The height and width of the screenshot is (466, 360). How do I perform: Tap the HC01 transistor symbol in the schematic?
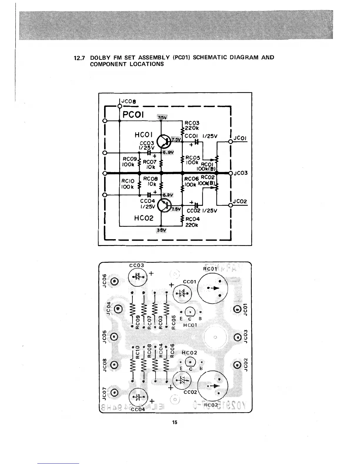[164, 142]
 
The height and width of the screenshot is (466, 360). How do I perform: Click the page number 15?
[175, 422]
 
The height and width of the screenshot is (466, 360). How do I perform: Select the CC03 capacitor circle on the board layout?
[138, 277]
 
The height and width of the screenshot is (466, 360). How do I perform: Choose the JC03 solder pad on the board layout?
[237, 337]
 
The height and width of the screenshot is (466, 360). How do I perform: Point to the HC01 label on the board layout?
[190, 325]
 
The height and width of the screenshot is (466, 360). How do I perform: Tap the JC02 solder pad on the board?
[237, 365]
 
